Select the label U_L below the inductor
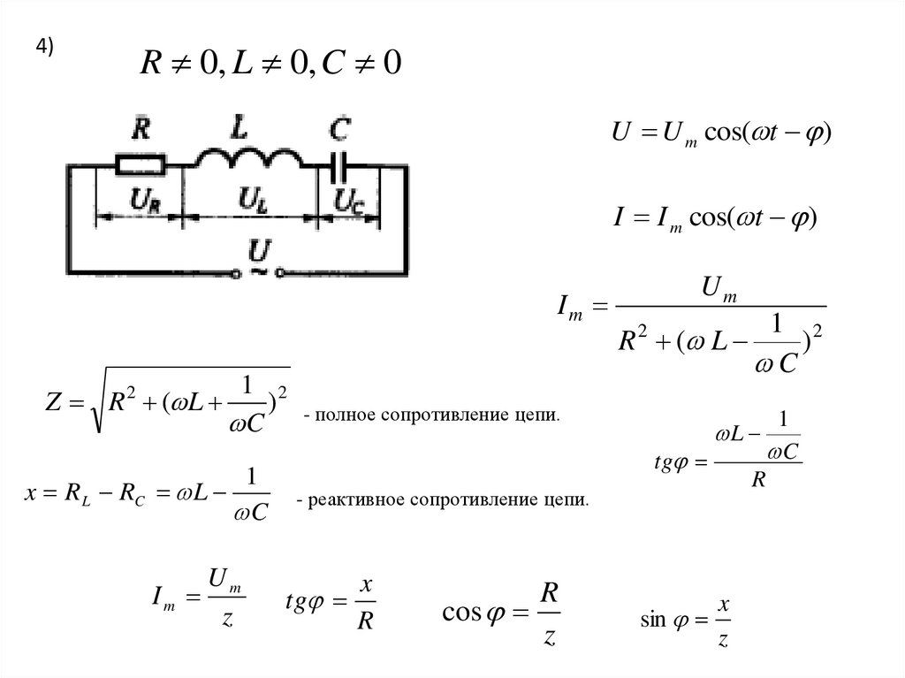[x=253, y=202]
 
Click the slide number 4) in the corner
[x=45, y=49]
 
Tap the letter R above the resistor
[x=141, y=130]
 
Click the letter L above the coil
[x=239, y=128]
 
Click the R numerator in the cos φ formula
[x=549, y=590]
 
